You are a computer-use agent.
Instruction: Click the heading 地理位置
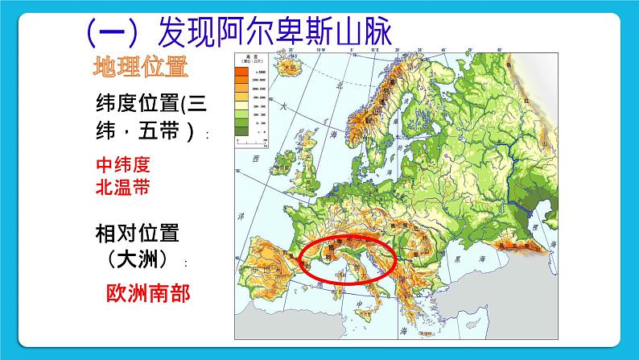pyautogui.click(x=140, y=68)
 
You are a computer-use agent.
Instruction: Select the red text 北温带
pyautogui.click(x=123, y=188)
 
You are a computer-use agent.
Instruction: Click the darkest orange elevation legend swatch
pyautogui.click(x=241, y=72)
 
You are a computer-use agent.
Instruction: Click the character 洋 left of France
pyautogui.click(x=239, y=217)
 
